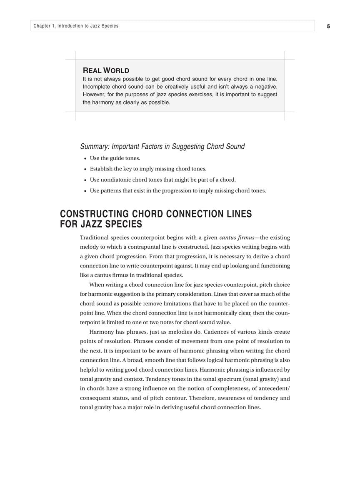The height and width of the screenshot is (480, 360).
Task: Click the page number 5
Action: (328, 26)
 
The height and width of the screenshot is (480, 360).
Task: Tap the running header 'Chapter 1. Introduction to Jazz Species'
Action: (76, 26)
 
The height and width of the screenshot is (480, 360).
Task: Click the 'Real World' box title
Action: (106, 70)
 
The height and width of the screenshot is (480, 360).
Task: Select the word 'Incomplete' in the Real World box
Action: (96, 87)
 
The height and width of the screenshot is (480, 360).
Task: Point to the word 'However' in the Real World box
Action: (94, 95)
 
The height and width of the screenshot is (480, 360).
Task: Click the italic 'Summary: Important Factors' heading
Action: (162, 146)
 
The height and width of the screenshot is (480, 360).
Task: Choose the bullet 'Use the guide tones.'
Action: (115, 158)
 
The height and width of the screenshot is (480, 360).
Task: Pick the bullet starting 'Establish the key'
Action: (148, 169)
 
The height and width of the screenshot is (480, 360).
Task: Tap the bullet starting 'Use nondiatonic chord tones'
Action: (162, 180)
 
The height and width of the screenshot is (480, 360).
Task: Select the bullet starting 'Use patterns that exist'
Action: (177, 191)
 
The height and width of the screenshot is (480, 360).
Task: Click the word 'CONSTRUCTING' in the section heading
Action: (95, 214)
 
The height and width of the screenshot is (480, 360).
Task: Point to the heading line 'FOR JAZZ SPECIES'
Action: (101, 225)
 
